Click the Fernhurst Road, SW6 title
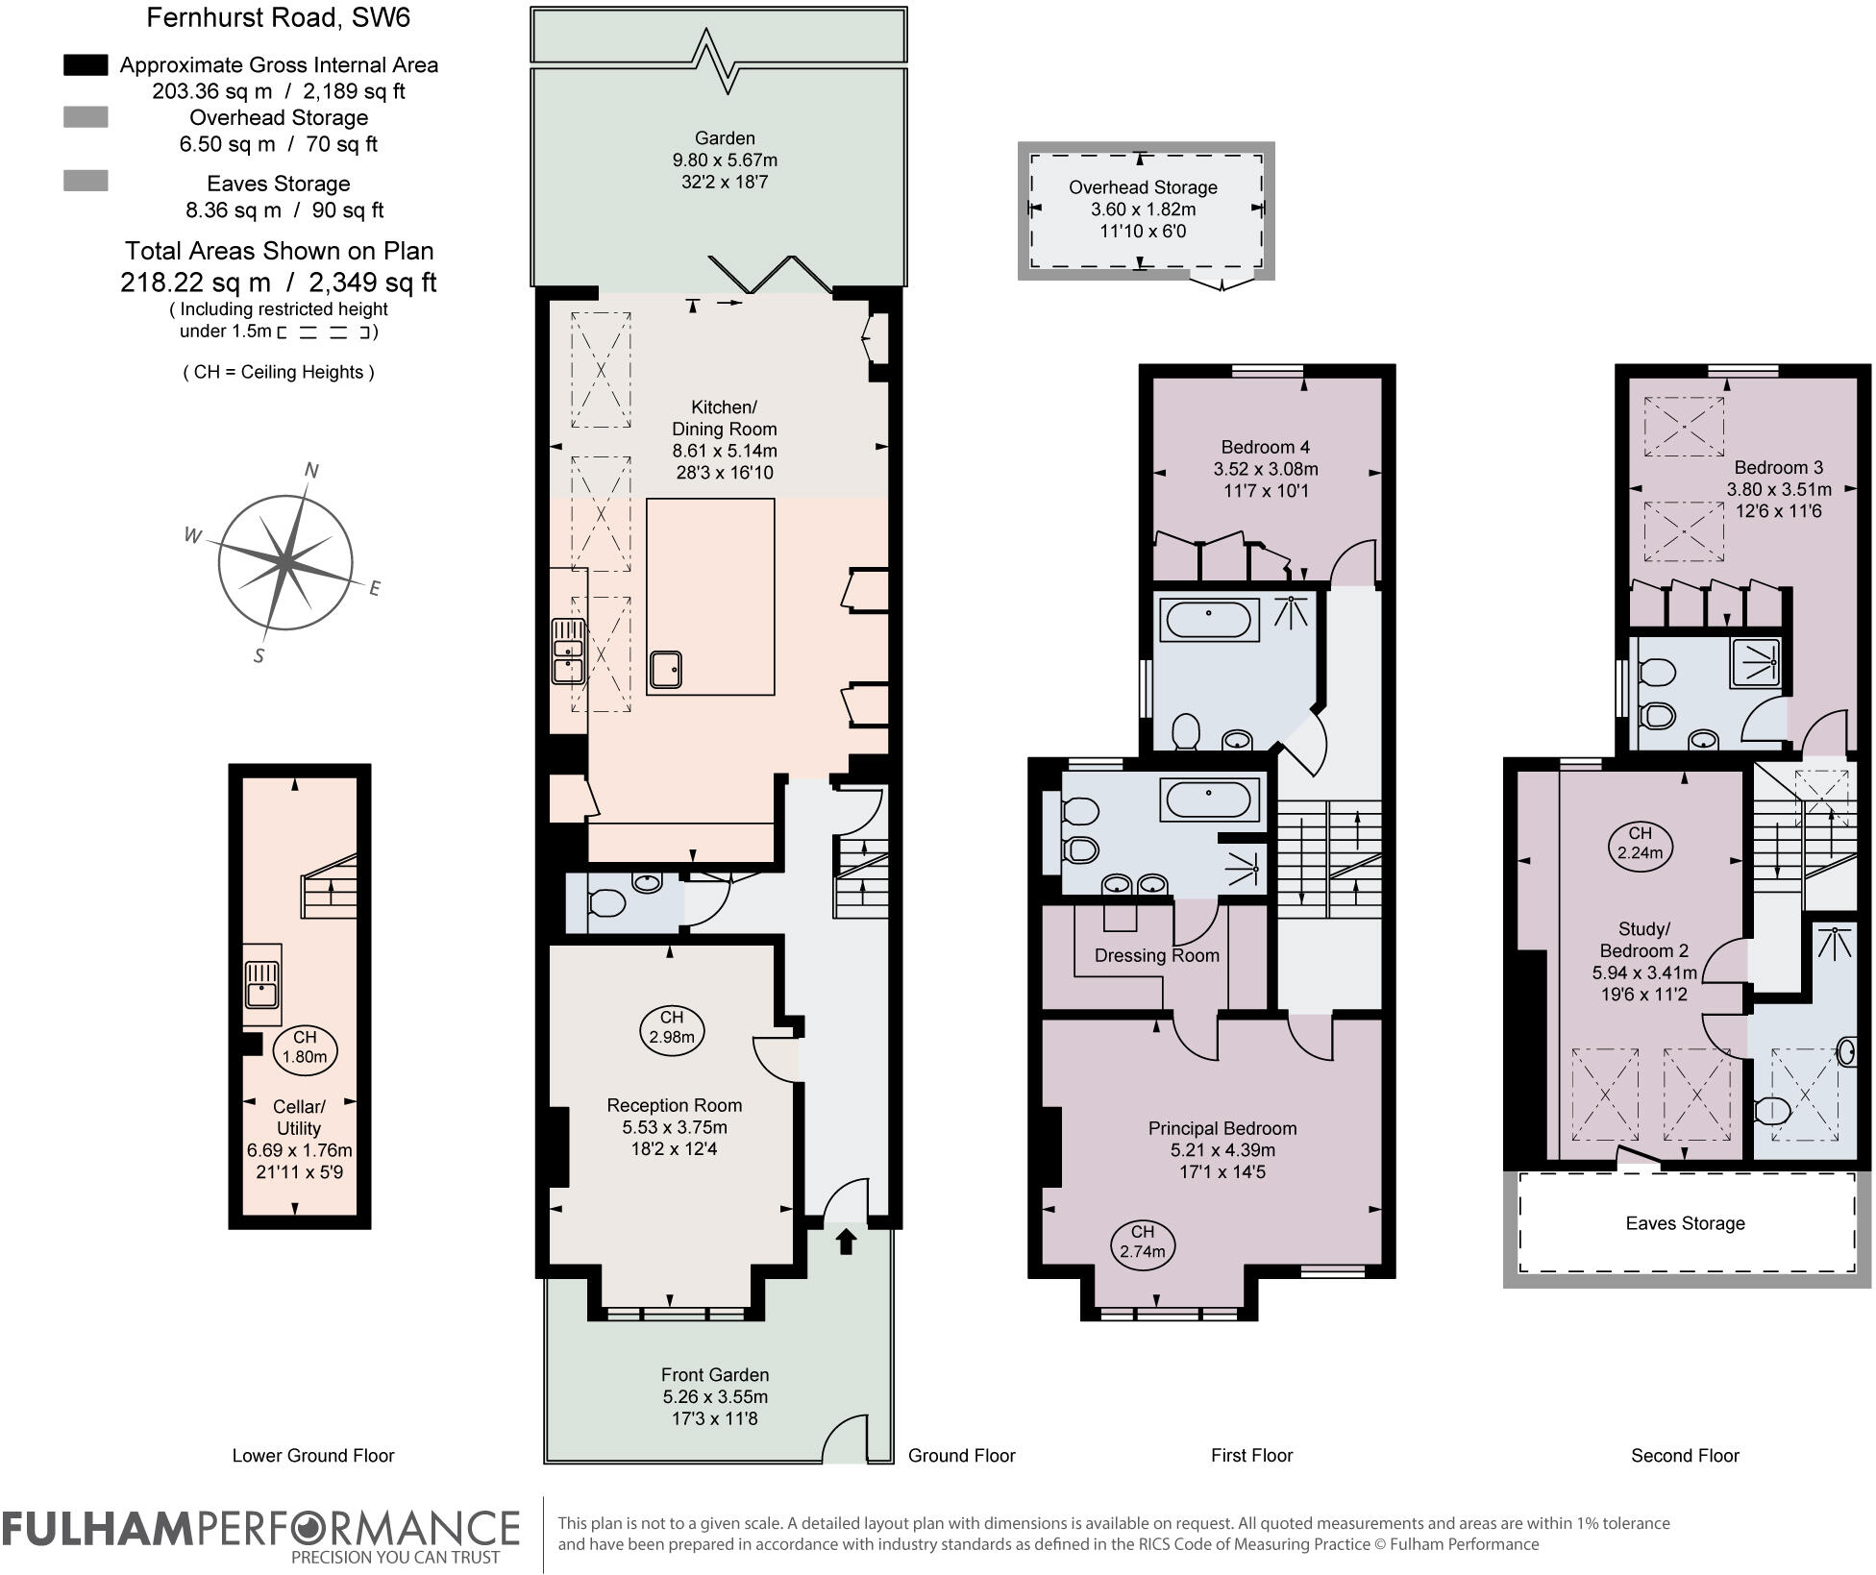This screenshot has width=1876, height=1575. point(279,17)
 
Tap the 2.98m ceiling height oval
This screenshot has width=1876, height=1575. point(671,1027)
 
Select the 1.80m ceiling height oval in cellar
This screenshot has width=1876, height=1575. point(304,1046)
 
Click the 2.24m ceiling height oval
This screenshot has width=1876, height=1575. point(1640,843)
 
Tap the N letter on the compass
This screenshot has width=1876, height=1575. point(311,470)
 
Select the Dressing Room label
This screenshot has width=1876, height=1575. point(1156,955)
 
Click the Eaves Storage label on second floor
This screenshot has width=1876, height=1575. point(1685,1223)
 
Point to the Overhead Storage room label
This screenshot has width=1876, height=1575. point(1143,187)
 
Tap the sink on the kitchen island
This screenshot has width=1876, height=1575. point(665,669)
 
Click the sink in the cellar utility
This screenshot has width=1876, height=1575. point(261,984)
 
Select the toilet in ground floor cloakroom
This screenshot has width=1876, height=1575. point(605,903)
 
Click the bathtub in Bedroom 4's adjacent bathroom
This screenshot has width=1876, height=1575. point(1209,620)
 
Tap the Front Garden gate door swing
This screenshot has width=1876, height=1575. point(846,1439)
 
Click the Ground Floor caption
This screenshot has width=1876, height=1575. point(961,1455)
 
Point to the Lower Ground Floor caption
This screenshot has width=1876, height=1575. point(313,1455)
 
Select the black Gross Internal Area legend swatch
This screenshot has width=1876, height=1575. point(86,64)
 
